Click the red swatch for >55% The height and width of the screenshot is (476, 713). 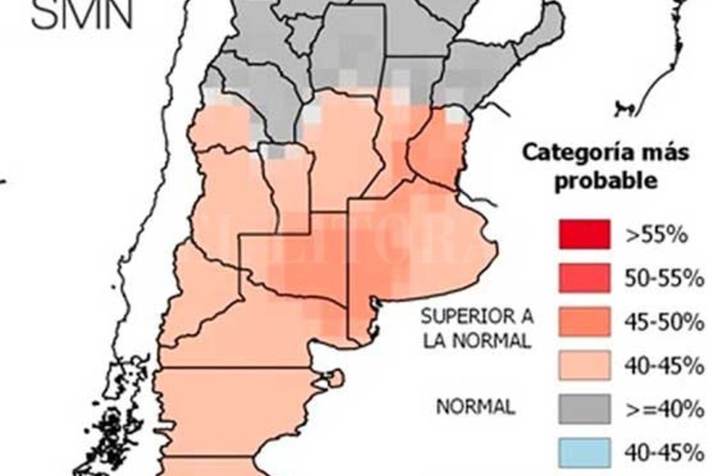pos(584,234)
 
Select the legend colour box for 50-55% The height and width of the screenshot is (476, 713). pos(584,277)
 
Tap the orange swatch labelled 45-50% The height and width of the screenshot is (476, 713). pos(584,321)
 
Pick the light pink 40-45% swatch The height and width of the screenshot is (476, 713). pos(584,364)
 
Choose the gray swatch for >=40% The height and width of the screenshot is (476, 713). pos(584,408)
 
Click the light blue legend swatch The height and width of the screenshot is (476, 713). pos(584,451)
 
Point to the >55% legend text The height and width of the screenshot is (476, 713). pos(655,235)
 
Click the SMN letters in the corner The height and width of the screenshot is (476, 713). pos(81,15)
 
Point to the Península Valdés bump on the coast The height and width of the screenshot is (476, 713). pos(334,378)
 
